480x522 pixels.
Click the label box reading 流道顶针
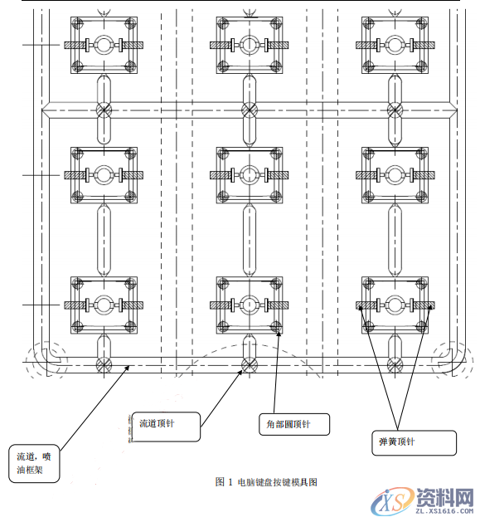pyautogui.click(x=166, y=426)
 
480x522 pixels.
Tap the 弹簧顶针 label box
pyautogui.click(x=411, y=442)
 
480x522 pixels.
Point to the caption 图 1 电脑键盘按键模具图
pyautogui.click(x=266, y=481)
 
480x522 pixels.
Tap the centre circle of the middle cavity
pyautogui.click(x=249, y=175)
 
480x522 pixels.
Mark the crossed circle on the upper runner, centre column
pyautogui.click(x=249, y=110)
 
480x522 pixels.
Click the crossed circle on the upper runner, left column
pyautogui.click(x=103, y=110)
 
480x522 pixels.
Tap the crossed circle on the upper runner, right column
pyautogui.click(x=395, y=110)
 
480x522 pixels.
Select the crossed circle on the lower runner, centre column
pyautogui.click(x=249, y=363)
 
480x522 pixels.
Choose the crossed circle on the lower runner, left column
pyautogui.click(x=103, y=363)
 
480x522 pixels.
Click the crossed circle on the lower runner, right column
pyautogui.click(x=395, y=363)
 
